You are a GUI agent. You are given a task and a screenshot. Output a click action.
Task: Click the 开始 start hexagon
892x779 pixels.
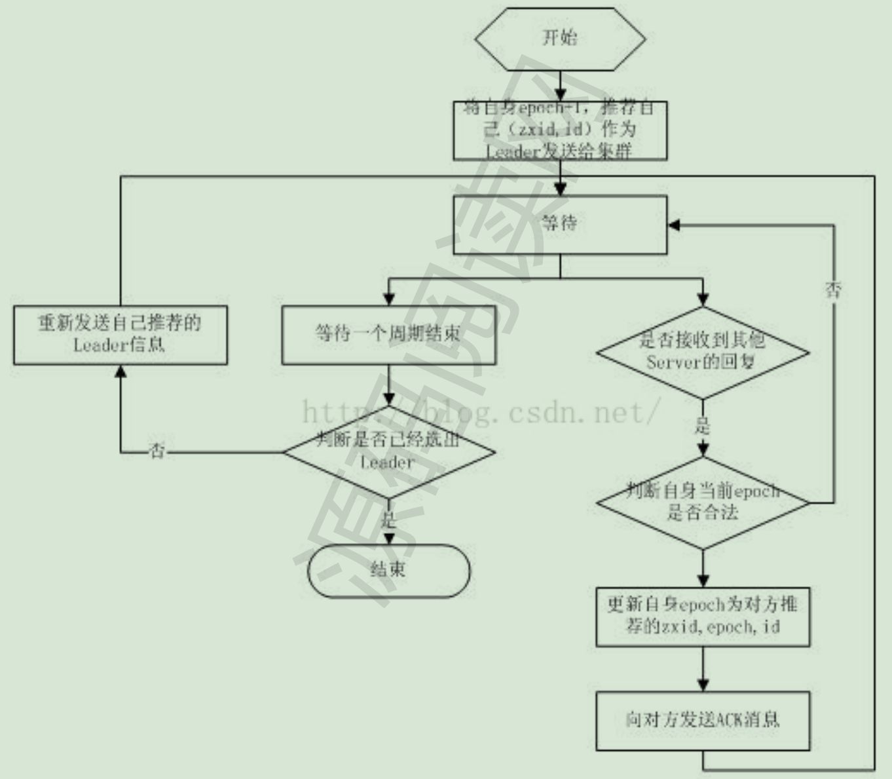(x=560, y=39)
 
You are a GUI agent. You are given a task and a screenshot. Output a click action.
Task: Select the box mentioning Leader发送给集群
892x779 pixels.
(x=560, y=130)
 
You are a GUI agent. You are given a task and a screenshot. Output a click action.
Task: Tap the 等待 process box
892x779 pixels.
(x=560, y=224)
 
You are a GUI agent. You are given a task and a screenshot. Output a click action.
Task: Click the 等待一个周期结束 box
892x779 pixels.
(x=388, y=334)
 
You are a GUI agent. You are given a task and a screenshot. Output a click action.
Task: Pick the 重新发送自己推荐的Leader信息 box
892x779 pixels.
(x=121, y=334)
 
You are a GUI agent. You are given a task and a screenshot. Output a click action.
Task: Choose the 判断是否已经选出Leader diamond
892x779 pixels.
(x=388, y=451)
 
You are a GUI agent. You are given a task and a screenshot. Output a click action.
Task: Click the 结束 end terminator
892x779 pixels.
(x=388, y=570)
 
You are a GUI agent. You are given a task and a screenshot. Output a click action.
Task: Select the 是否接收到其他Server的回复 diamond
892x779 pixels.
(x=703, y=352)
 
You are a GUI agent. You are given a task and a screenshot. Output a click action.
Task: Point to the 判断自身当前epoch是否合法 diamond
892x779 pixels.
(x=703, y=503)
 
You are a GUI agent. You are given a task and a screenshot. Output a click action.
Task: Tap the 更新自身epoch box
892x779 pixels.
(x=703, y=617)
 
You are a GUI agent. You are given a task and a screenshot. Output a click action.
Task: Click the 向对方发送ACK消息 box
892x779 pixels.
(x=703, y=720)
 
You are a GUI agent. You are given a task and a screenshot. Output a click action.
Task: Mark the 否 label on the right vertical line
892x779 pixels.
(x=833, y=290)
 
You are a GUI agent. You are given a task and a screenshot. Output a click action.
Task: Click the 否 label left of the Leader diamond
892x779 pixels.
(x=157, y=451)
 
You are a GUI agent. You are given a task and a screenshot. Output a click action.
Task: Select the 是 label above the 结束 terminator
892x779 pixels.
(x=388, y=521)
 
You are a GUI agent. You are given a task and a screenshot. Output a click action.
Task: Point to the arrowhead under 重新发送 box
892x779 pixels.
(x=121, y=371)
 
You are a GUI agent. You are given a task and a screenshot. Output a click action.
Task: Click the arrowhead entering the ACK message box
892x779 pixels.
(x=703, y=685)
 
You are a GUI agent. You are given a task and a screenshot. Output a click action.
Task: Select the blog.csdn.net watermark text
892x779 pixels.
(x=481, y=413)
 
